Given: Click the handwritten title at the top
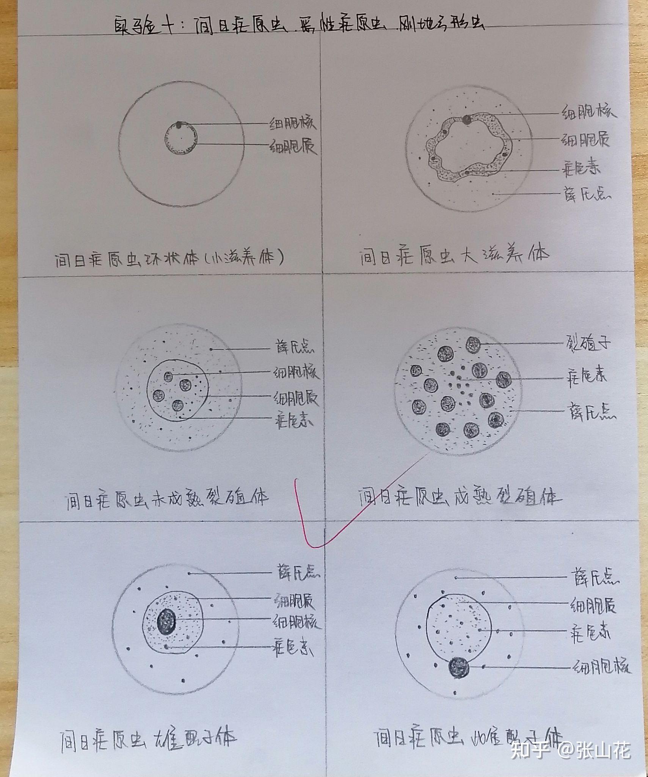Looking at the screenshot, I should point(300,27).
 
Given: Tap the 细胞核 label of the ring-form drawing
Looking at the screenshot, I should point(292,123).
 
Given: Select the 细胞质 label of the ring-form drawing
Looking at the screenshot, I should point(293,146).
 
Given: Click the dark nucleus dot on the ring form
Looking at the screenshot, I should point(179,124).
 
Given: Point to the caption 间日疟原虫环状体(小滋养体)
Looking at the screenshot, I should point(169,260).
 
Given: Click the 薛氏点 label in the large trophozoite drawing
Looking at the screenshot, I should point(587,194).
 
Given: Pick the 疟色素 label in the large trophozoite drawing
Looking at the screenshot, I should point(581,168).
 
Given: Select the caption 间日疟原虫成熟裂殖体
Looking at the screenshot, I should point(460,497).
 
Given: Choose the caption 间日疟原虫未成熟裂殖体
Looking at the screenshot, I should point(167,499).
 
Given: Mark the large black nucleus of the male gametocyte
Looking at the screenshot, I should point(166,621).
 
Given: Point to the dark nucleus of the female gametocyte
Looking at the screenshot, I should point(458,667).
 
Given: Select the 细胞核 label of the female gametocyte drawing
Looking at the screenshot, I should point(602,667).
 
